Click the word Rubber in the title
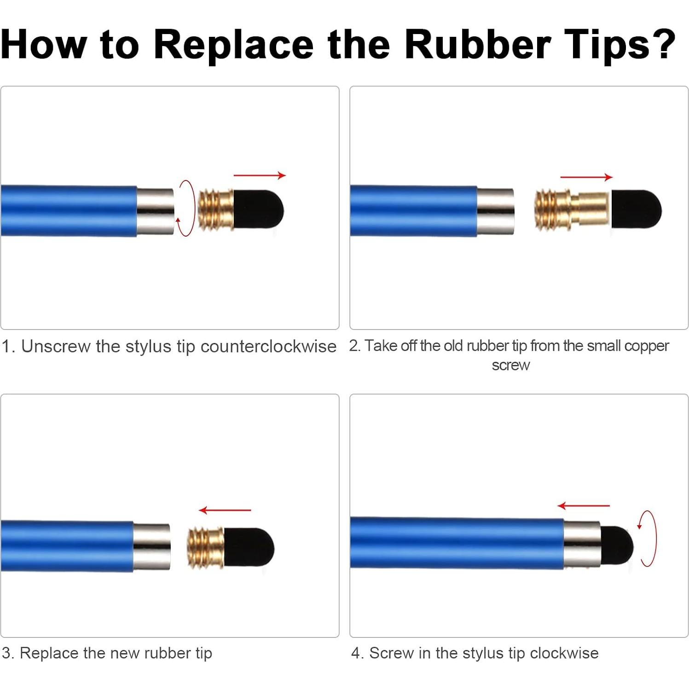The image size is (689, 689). (478, 44)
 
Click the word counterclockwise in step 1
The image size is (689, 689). (268, 346)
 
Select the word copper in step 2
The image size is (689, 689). (646, 346)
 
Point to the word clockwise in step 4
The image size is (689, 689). (564, 653)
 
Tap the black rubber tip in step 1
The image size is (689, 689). (259, 209)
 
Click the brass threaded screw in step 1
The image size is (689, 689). (215, 210)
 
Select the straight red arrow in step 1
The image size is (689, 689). (260, 175)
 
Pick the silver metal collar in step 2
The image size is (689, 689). (495, 211)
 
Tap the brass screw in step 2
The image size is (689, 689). (572, 210)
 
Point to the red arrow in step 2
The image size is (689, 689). (586, 177)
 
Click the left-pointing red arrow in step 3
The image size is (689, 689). (225, 510)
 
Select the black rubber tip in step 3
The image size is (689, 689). (249, 547)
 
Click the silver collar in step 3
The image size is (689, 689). (151, 547)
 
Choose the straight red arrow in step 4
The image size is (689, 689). (583, 506)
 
